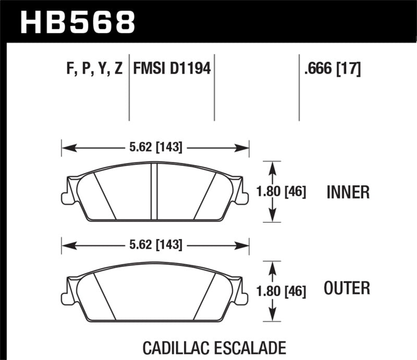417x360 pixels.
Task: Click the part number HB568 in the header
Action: tap(78, 22)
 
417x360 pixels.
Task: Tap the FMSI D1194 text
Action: tap(172, 68)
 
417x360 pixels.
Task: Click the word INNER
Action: tap(348, 193)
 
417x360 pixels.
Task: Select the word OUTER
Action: tap(347, 288)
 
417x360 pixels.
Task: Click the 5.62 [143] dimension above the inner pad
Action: tap(155, 148)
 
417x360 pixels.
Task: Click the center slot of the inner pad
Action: tap(154, 191)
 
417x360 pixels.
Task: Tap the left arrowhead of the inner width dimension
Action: tap(65, 148)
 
